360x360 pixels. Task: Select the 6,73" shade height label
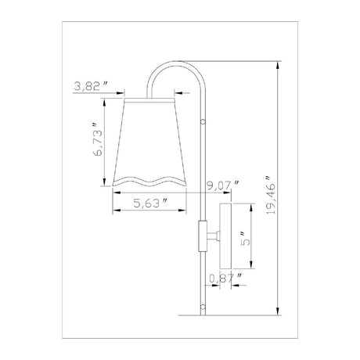click(x=98, y=139)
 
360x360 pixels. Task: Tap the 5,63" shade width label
click(x=150, y=203)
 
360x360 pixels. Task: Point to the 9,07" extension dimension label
click(x=223, y=185)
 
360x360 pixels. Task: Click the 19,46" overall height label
click(x=271, y=195)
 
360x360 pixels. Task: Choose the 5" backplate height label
click(x=245, y=238)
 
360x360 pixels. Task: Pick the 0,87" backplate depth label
click(x=225, y=279)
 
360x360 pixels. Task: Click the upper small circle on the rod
click(x=203, y=121)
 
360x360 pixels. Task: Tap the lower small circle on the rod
click(x=203, y=306)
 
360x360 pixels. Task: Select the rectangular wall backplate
click(x=225, y=236)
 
